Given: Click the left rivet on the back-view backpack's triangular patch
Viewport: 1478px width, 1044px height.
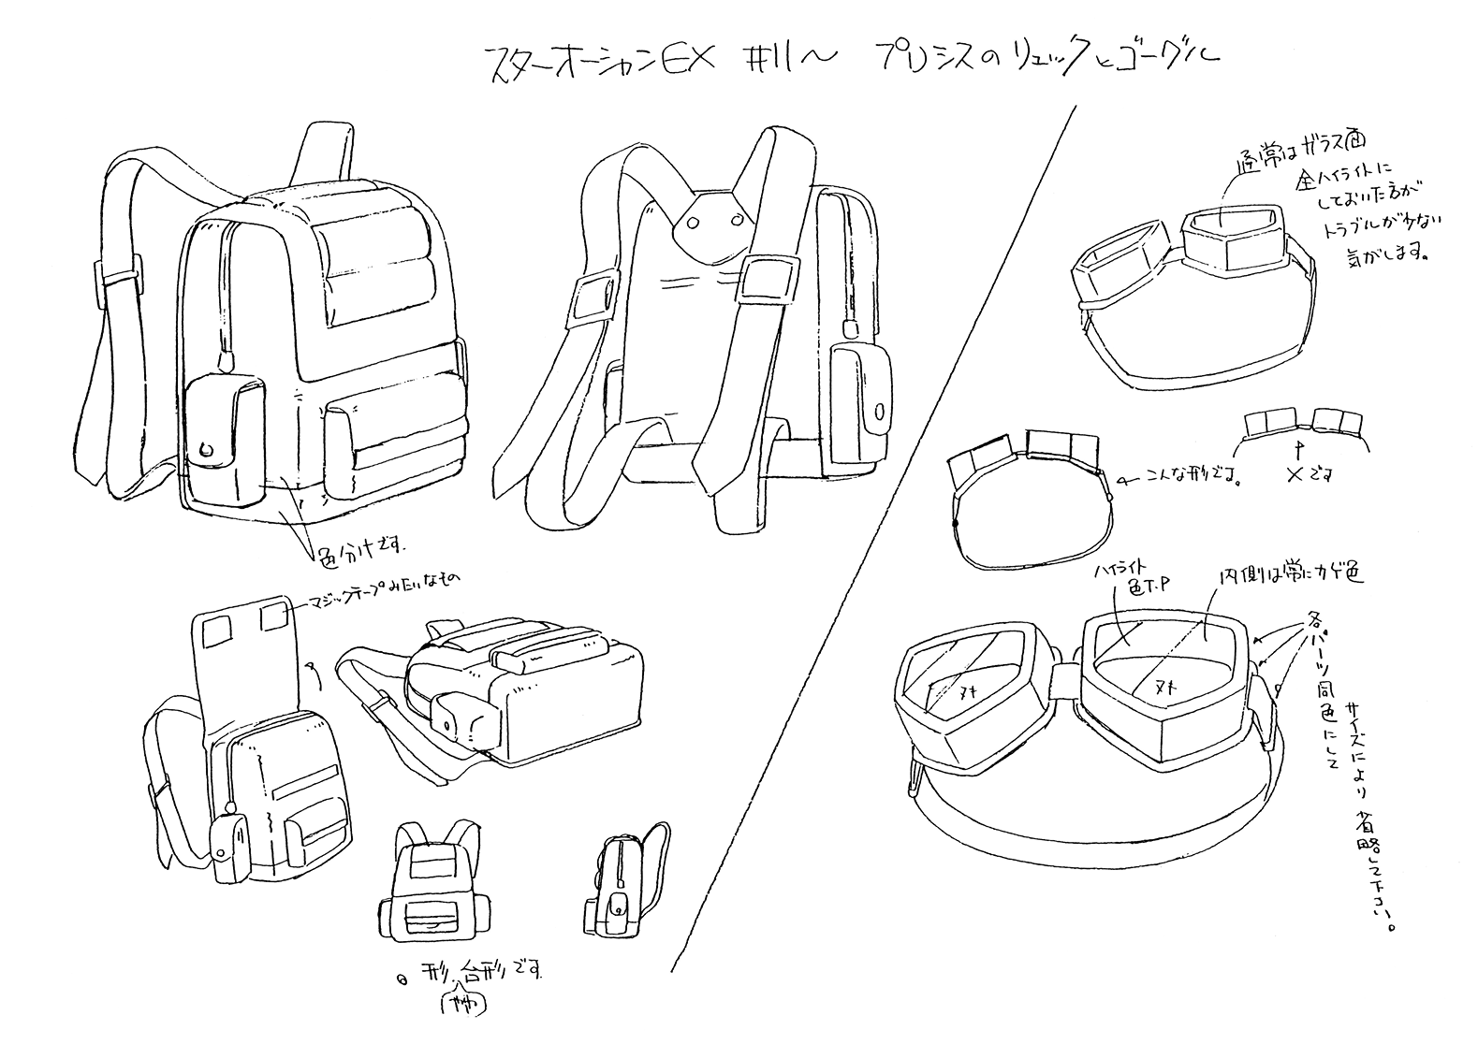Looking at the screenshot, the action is pyautogui.click(x=694, y=223).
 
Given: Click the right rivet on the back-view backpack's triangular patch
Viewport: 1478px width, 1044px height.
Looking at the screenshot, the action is pyautogui.click(x=734, y=221).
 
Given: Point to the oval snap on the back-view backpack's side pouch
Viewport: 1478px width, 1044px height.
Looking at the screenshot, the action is pyautogui.click(x=880, y=411).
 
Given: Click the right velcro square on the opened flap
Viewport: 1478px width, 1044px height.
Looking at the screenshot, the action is pyautogui.click(x=275, y=616).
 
